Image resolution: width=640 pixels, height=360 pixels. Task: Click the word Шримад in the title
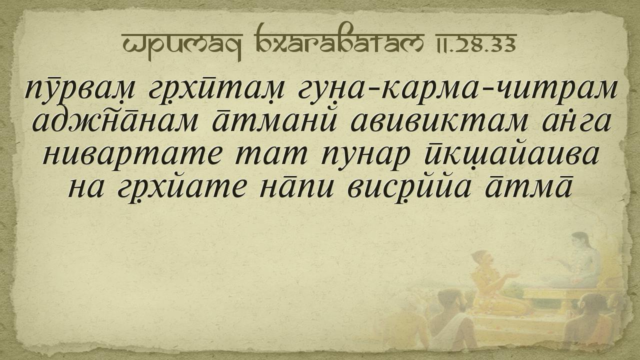click(x=182, y=45)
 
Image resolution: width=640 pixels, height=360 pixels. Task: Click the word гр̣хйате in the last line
click(x=181, y=188)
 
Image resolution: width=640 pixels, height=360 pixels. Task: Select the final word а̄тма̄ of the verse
click(x=528, y=187)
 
